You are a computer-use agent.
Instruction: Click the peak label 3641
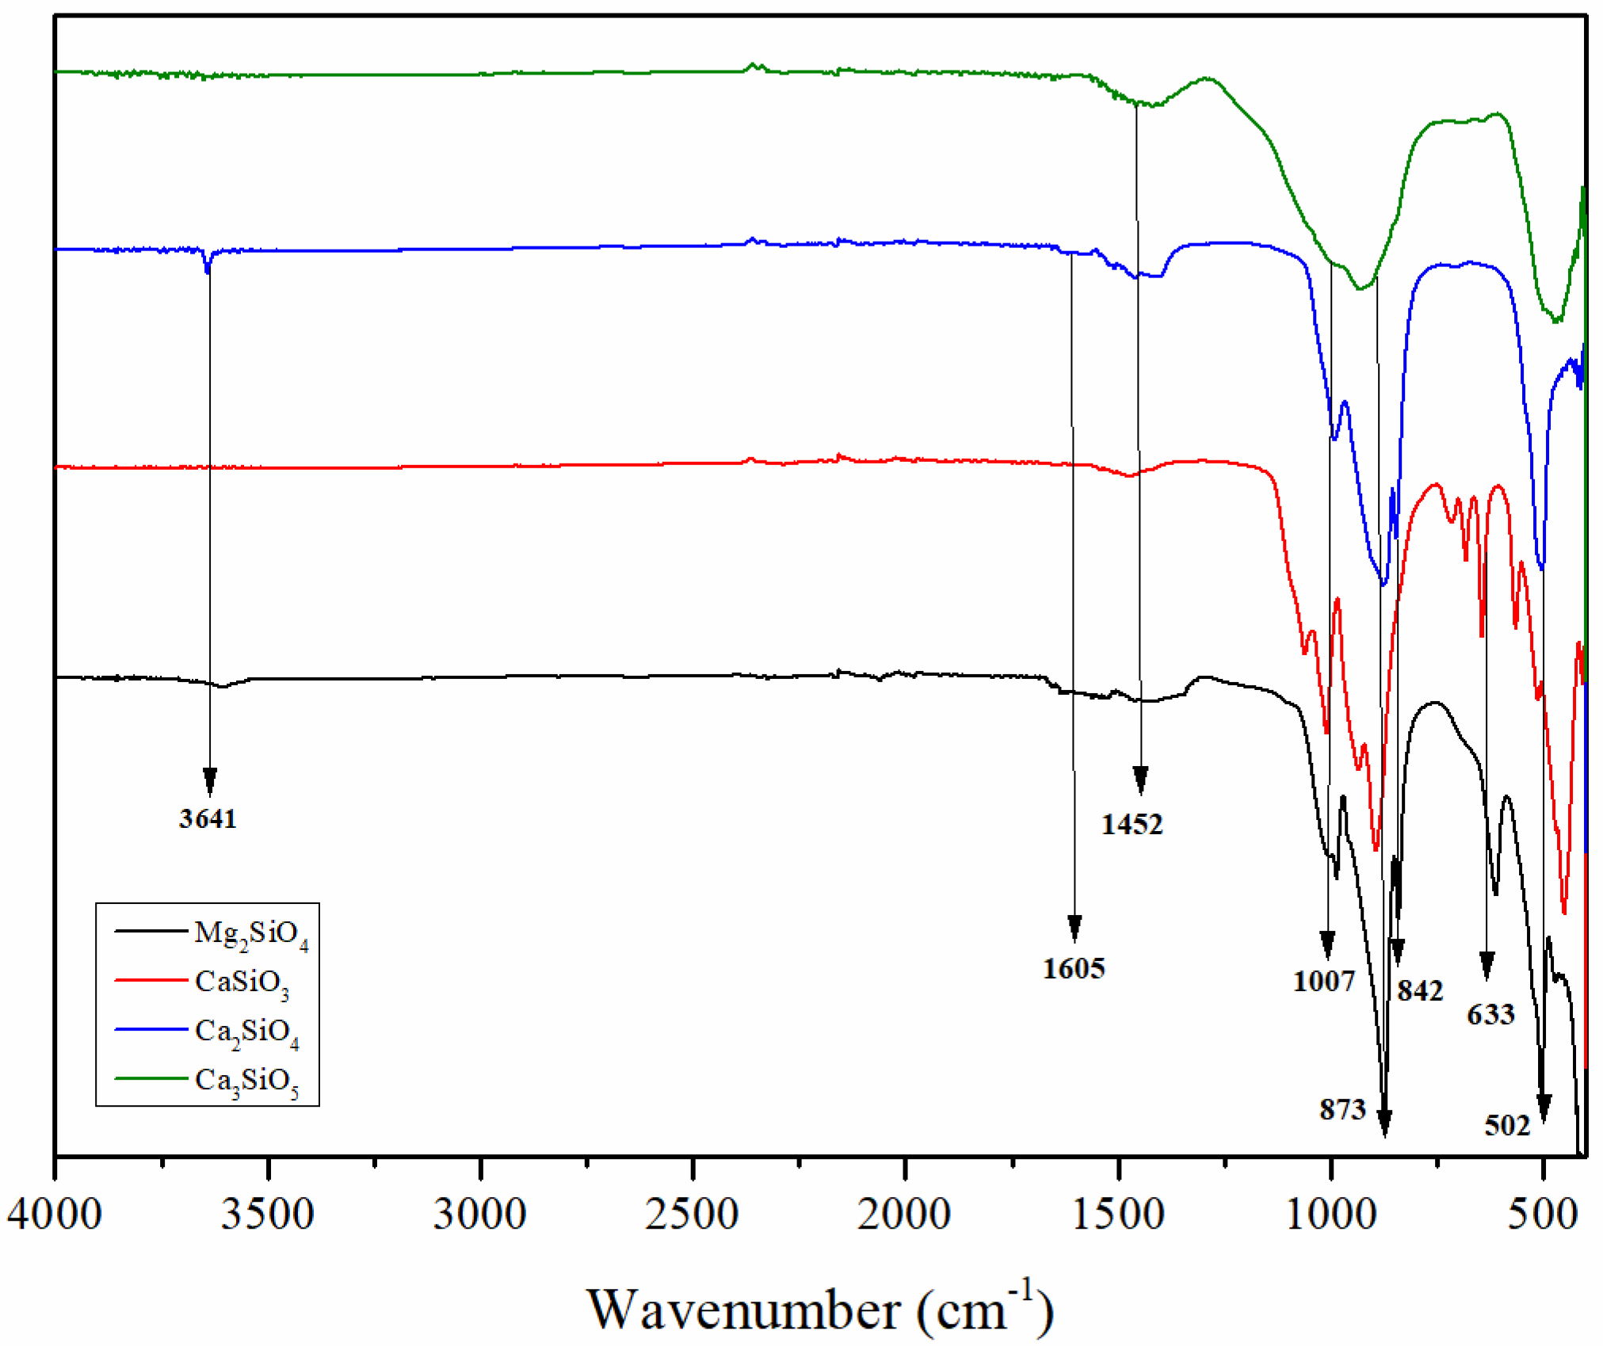pyautogui.click(x=208, y=818)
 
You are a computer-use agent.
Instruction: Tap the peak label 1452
pyautogui.click(x=1132, y=825)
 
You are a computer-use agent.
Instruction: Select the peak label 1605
pyautogui.click(x=1073, y=968)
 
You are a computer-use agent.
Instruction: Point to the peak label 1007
pyautogui.click(x=1324, y=982)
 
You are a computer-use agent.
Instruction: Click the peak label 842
pyautogui.click(x=1420, y=991)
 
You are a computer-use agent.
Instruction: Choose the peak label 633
pyautogui.click(x=1490, y=1014)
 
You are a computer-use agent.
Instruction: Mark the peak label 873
pyautogui.click(x=1342, y=1110)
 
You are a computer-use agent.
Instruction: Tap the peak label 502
pyautogui.click(x=1506, y=1125)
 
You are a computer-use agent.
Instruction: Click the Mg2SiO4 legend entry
pyautogui.click(x=250, y=934)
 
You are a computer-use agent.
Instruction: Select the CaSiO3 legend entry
pyautogui.click(x=242, y=982)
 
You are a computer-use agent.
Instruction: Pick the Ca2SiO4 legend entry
pyautogui.click(x=246, y=1031)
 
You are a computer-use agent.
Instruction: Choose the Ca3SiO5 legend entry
pyautogui.click(x=246, y=1081)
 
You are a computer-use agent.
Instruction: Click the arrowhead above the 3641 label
pyautogui.click(x=210, y=780)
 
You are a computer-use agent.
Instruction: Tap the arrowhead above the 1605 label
pyautogui.click(x=1074, y=927)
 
